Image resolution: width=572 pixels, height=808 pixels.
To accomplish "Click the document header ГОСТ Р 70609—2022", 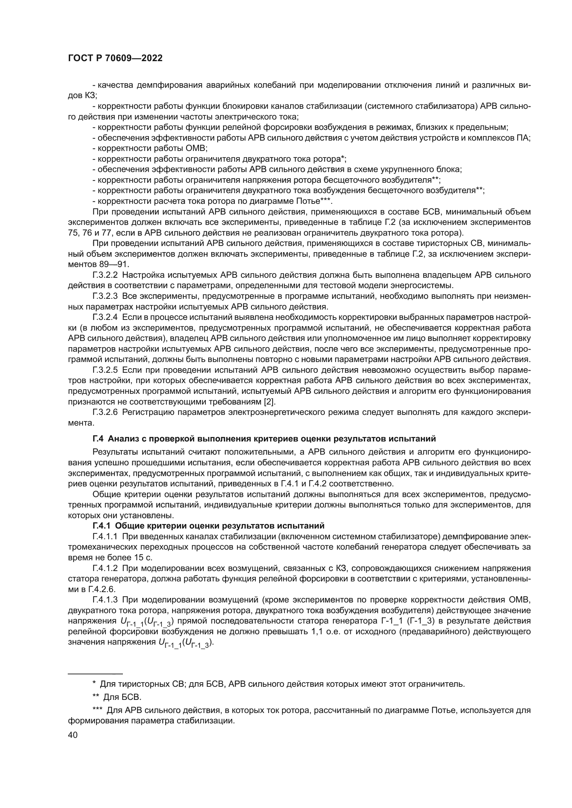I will click(115, 58).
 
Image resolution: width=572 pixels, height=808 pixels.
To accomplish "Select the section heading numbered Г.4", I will click(99, 439).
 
